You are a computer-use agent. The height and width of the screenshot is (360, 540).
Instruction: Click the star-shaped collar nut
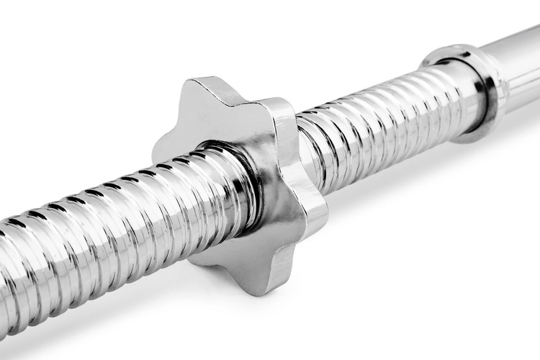point(238,180)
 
